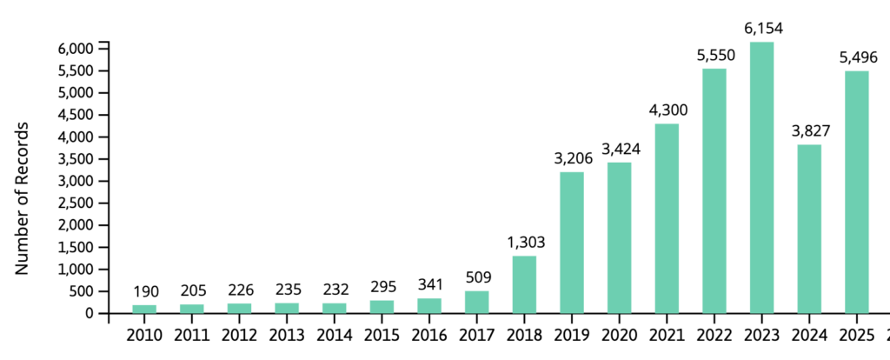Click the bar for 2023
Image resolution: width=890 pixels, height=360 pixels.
(761, 177)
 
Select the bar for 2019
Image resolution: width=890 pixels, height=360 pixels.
(572, 243)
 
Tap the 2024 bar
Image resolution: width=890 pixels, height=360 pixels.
(809, 229)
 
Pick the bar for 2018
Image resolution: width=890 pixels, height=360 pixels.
(524, 284)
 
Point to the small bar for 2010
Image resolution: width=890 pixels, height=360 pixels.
(144, 309)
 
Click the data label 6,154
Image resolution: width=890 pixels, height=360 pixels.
(761, 29)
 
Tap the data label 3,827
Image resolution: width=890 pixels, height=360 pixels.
(809, 131)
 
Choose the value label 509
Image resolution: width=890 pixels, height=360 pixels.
(477, 278)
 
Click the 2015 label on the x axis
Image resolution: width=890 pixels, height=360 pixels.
(382, 336)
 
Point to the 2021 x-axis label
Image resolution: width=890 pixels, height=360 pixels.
(667, 336)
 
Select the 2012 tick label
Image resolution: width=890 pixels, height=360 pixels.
(239, 336)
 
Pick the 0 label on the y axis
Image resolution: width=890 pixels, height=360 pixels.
(89, 313)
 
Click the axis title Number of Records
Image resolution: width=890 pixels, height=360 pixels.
(22, 199)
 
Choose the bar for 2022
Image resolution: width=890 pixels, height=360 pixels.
(714, 190)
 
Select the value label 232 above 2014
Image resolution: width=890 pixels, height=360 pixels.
(335, 290)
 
